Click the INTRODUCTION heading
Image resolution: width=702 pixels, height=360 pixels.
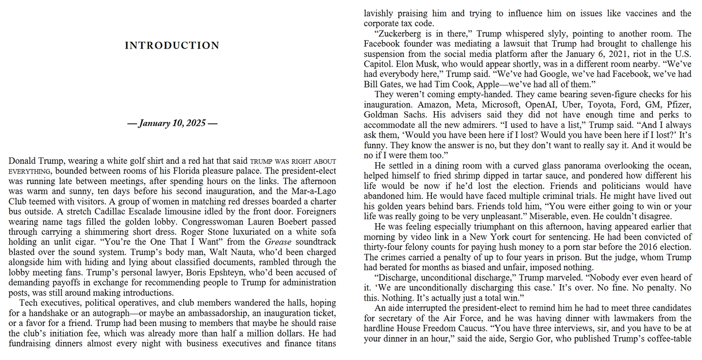(172, 46)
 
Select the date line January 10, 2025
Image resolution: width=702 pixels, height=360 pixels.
(172, 123)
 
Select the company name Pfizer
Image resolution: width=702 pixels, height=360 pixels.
(677, 104)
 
